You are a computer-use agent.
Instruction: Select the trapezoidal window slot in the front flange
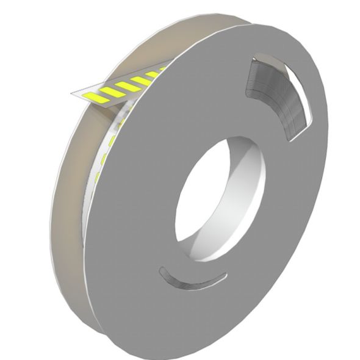point(278,98)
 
